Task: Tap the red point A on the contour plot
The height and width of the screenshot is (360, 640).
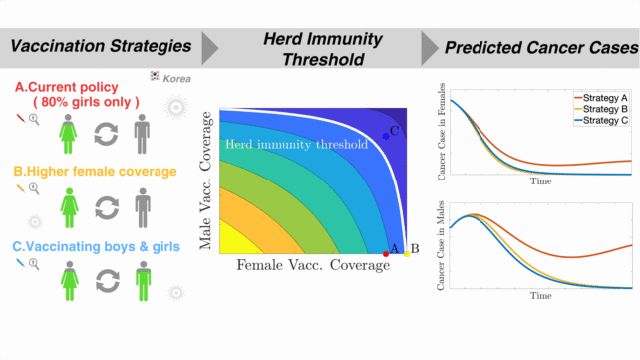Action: tap(386, 254)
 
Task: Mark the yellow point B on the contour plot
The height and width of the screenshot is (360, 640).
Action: tap(406, 254)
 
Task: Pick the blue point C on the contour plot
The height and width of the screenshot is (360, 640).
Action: tap(386, 135)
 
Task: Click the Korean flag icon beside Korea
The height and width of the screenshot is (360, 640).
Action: tap(155, 76)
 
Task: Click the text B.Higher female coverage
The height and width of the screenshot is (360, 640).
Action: tap(95, 171)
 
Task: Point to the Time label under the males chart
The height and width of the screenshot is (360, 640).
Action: tap(540, 296)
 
